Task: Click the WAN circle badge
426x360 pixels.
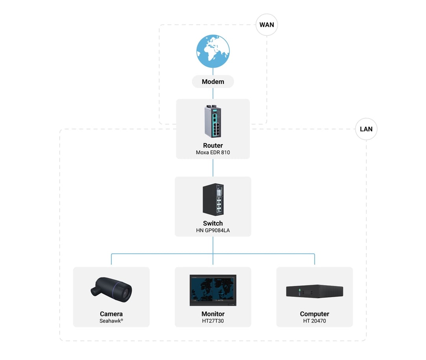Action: (x=267, y=25)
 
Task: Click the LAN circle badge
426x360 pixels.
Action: (x=366, y=129)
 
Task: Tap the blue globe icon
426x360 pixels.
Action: (x=213, y=51)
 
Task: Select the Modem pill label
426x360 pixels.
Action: (x=213, y=82)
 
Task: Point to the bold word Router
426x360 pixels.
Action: (x=213, y=145)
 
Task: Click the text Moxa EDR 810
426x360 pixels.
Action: (x=213, y=152)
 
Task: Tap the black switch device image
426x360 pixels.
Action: (x=213, y=199)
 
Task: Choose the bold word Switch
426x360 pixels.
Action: (x=213, y=223)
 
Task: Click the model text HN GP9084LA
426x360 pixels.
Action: (x=213, y=230)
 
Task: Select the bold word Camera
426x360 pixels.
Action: (x=111, y=314)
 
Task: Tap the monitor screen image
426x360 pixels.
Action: (x=213, y=290)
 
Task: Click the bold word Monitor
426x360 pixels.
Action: (x=213, y=314)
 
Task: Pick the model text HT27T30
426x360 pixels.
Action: (x=213, y=321)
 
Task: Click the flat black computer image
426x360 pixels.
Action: (x=314, y=291)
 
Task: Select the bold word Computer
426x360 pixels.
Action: (x=314, y=314)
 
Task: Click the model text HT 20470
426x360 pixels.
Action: (x=314, y=321)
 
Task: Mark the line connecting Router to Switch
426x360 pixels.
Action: (x=213, y=168)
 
